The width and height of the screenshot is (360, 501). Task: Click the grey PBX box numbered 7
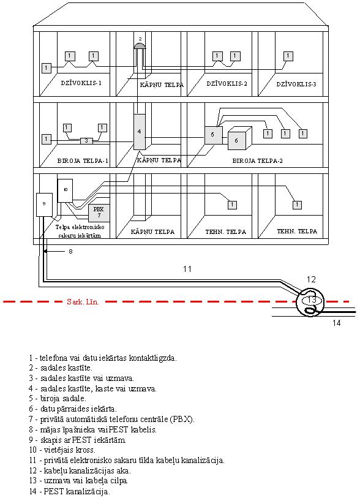[x=99, y=213]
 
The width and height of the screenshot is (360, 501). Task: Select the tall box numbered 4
[x=139, y=132]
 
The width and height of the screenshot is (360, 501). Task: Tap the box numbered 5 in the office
[x=214, y=135]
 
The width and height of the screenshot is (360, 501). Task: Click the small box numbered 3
[x=86, y=141]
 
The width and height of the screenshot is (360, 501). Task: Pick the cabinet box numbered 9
[x=44, y=205]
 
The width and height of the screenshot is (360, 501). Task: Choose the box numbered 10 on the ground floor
[x=65, y=190]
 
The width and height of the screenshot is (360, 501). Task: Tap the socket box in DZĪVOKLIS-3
[x=288, y=56]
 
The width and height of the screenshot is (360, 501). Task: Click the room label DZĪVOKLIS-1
[x=81, y=83]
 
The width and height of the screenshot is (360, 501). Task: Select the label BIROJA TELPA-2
[x=258, y=160]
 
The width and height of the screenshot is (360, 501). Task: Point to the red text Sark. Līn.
[x=83, y=301]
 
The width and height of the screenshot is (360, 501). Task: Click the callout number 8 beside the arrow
[x=70, y=252]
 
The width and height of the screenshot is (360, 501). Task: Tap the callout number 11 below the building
[x=187, y=269]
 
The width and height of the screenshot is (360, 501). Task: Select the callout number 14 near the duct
[x=336, y=323]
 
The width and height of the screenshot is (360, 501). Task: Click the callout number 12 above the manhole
[x=311, y=279]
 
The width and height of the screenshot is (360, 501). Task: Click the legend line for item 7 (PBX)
[x=112, y=419]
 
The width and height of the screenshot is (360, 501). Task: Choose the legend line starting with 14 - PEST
[x=70, y=491]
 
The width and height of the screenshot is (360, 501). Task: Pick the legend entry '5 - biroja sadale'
[x=58, y=399]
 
